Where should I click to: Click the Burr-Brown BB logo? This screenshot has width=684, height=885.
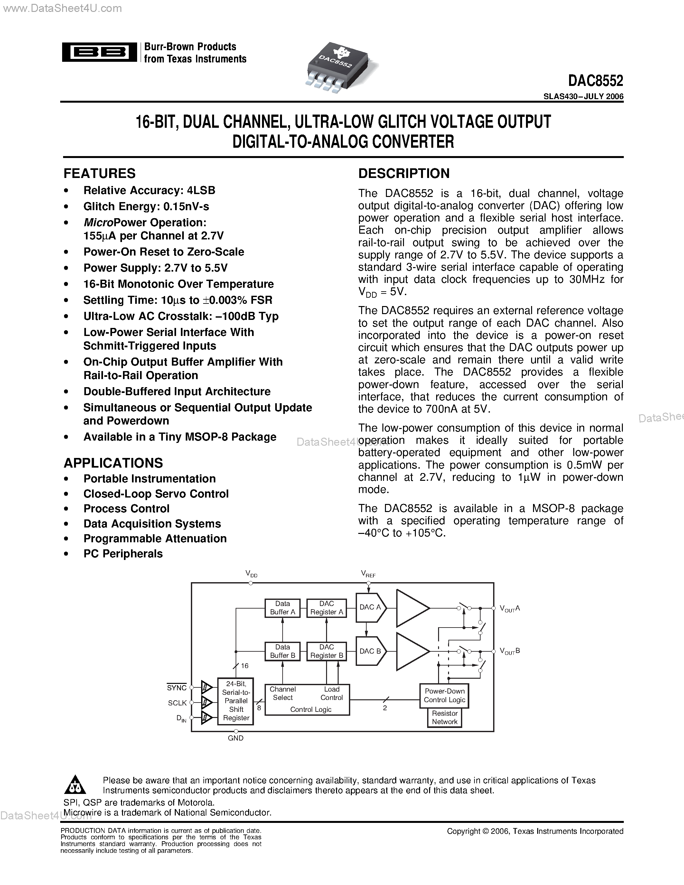(x=99, y=52)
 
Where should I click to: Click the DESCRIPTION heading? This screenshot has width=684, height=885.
(x=404, y=173)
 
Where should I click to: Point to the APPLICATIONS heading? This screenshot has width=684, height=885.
(x=113, y=463)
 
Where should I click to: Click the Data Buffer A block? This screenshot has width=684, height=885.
(x=282, y=608)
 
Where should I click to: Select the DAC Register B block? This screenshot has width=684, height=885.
(x=327, y=651)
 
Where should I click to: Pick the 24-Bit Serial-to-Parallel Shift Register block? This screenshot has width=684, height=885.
(x=236, y=701)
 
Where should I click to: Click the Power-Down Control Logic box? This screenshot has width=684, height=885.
(x=444, y=695)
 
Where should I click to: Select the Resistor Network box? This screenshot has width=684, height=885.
(x=444, y=717)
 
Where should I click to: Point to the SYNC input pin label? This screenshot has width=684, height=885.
(x=177, y=688)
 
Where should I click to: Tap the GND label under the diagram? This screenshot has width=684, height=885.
(x=235, y=738)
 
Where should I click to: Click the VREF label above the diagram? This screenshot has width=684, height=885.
(x=368, y=574)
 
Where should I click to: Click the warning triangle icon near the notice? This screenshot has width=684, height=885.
(x=75, y=785)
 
